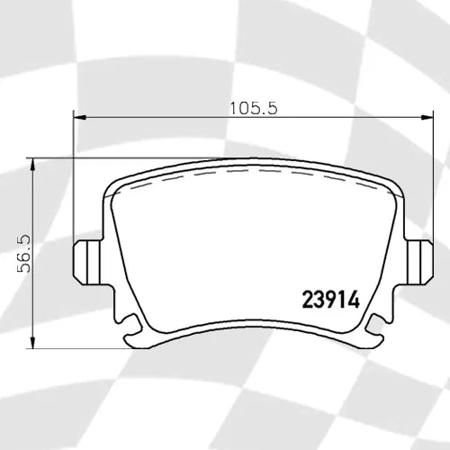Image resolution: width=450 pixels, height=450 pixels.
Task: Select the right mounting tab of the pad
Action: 418,262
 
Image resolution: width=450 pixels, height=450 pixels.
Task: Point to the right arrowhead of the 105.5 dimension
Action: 426,117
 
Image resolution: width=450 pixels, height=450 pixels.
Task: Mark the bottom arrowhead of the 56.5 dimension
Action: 33,347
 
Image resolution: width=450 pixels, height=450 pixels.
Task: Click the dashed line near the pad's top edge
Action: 252,170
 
